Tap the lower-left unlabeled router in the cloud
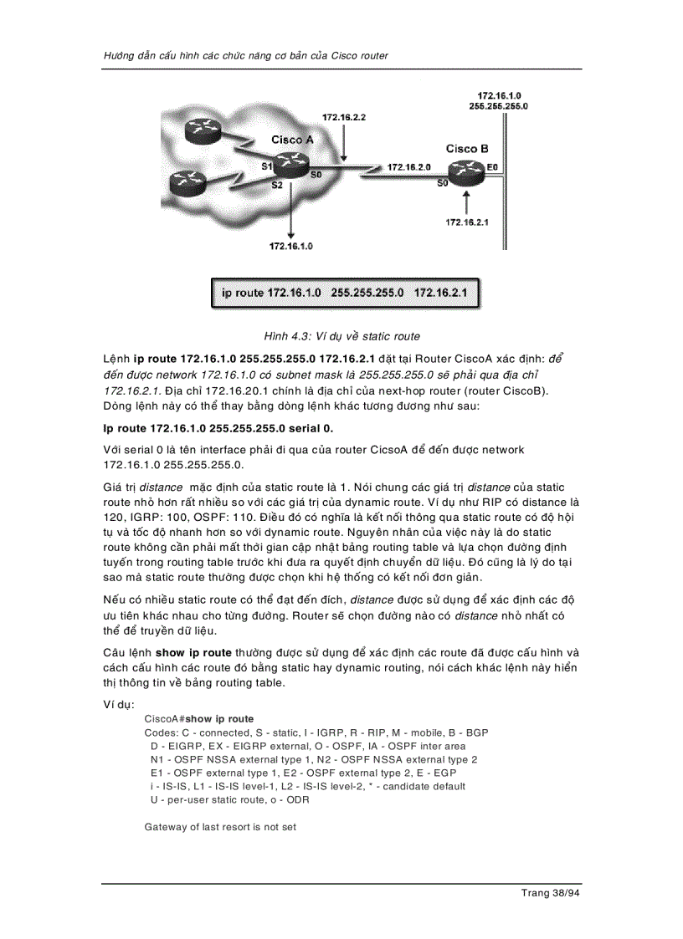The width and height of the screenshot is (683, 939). (186, 181)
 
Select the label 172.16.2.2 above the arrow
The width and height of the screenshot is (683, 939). (344, 118)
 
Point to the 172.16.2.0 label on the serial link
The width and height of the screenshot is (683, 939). (408, 167)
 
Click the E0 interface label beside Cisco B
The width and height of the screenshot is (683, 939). (492, 167)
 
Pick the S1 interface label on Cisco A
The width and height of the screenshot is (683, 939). (266, 166)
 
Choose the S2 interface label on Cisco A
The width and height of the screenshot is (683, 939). (277, 185)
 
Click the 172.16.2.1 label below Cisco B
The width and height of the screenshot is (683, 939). (466, 222)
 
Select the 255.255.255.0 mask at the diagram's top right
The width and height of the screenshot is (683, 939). (498, 107)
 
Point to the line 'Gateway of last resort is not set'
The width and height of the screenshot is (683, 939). (220, 827)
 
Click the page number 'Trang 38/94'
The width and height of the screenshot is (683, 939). (551, 893)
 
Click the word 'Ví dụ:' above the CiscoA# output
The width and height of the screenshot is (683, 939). (119, 704)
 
